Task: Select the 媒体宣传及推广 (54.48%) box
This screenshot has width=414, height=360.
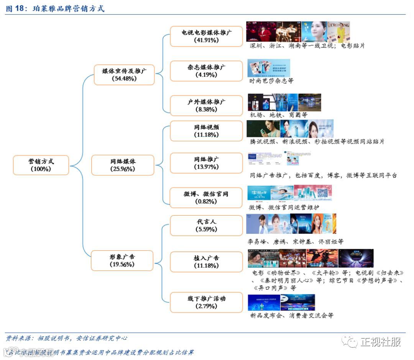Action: (x=124, y=74)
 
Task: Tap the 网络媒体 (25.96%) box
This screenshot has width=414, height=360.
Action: (x=123, y=165)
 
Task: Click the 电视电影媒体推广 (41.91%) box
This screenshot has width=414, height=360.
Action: (x=206, y=36)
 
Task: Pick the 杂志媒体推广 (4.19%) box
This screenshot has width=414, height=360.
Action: (x=206, y=71)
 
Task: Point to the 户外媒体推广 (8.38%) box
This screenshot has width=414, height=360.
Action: (x=206, y=106)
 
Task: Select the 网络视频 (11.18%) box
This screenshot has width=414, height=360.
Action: (x=206, y=131)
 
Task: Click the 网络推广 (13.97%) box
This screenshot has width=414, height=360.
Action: (x=206, y=163)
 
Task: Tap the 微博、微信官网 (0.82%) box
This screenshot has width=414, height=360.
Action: (x=206, y=198)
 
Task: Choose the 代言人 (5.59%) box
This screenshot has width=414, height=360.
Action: (x=206, y=225)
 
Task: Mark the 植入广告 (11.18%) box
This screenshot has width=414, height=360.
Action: (x=206, y=262)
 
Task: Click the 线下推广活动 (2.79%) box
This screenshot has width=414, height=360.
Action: (x=206, y=302)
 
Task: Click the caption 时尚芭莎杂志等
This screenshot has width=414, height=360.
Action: (x=272, y=81)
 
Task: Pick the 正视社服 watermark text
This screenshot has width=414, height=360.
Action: (x=380, y=342)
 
